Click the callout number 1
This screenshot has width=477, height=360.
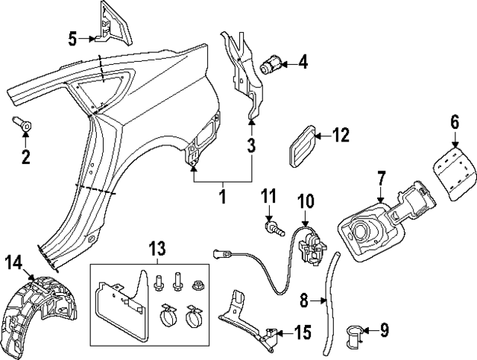coord(221,197)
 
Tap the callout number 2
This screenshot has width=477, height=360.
coord(25,157)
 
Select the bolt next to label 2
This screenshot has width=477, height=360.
coord(22,126)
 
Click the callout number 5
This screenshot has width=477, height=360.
coord(73,37)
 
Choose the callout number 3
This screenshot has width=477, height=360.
coord(251,142)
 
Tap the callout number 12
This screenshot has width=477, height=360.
coord(340,136)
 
